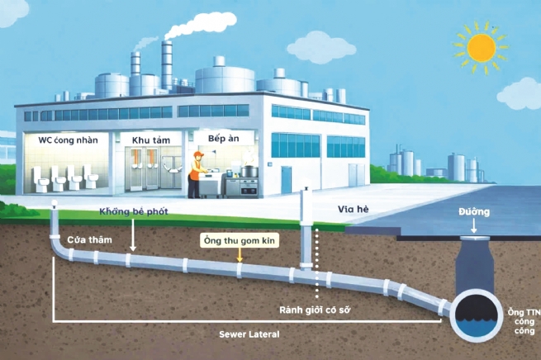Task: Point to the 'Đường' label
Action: tap(474, 212)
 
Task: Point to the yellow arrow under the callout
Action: tap(240, 257)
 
